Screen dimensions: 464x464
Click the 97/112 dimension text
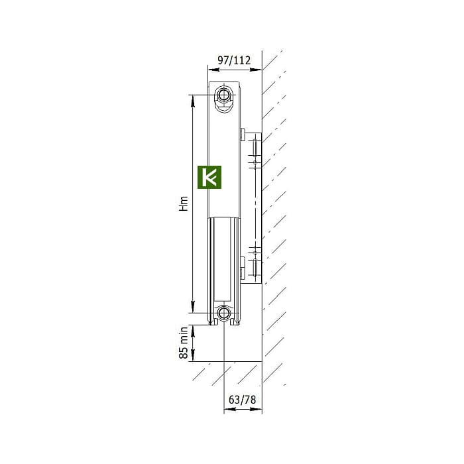(x=234, y=60)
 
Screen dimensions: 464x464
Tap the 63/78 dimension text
(x=242, y=400)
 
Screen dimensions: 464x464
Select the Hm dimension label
(x=184, y=203)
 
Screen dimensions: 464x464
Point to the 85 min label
(x=184, y=343)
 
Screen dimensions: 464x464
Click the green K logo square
(x=209, y=177)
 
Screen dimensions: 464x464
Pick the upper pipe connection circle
(x=224, y=95)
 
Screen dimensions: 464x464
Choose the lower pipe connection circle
(x=224, y=313)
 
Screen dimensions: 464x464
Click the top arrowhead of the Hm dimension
(x=193, y=101)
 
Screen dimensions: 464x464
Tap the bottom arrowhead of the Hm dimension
(x=193, y=307)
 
